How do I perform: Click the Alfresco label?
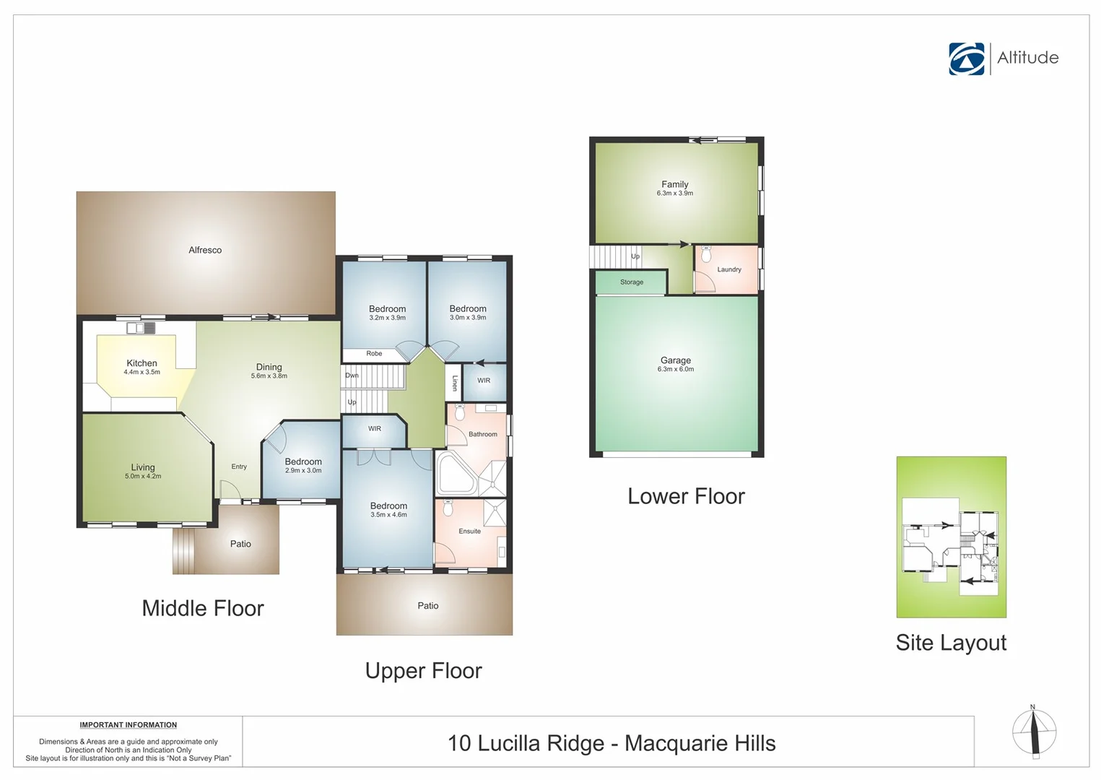click(205, 250)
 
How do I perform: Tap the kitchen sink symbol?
click(141, 328)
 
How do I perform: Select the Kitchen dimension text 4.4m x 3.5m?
click(142, 373)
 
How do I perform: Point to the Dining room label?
click(269, 367)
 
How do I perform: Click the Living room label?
click(143, 467)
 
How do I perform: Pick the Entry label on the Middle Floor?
click(239, 467)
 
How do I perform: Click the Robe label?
click(374, 354)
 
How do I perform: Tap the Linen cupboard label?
click(455, 383)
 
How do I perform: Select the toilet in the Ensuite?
click(448, 508)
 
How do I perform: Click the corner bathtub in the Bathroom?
click(455, 474)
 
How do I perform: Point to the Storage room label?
click(631, 282)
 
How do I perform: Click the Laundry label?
click(729, 269)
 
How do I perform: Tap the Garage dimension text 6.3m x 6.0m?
click(675, 369)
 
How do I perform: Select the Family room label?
click(675, 184)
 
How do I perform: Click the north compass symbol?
click(1034, 732)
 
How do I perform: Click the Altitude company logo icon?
click(967, 58)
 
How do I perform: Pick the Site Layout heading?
click(951, 643)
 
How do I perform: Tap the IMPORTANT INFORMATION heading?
click(128, 725)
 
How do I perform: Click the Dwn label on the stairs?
click(352, 376)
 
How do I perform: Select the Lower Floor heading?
click(686, 496)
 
